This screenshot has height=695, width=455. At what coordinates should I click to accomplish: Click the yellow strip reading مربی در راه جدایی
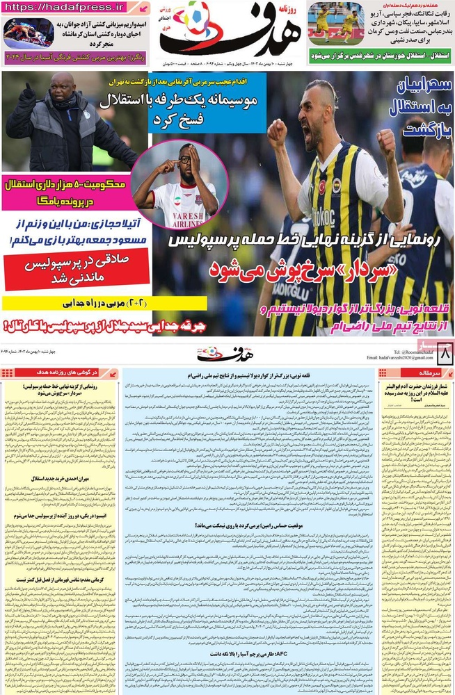tap(104, 303)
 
